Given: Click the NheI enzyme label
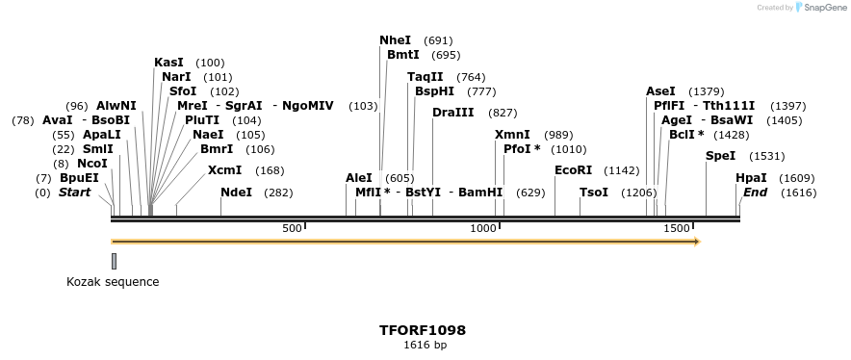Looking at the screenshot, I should pos(395,40).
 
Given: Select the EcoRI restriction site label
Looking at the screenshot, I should pos(574,170).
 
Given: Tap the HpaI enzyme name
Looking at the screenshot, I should pos(751,178).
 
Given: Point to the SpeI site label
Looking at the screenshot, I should pos(720,156).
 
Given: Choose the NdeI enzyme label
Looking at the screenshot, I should pos(236,193).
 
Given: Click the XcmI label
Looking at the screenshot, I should pos(224,170).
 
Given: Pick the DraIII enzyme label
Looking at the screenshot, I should pos(452,113).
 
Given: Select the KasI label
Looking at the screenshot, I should pos(168,63).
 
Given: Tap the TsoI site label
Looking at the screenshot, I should pos(594,193).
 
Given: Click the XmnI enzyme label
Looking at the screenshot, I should pos(512,135).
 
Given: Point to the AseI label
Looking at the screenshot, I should pos(660,91).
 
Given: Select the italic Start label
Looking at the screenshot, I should pos(74,193).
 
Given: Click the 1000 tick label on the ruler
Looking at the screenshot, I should pos(481,228).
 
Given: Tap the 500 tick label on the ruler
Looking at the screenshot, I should pos(291,228).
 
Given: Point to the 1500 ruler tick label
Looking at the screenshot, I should pos(677,228).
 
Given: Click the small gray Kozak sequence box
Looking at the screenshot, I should pos(114,261).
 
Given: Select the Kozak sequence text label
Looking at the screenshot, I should pos(113,282).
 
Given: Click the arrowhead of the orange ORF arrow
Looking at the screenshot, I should pos(695,241).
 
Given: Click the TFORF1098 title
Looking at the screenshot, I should pos(424,330).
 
